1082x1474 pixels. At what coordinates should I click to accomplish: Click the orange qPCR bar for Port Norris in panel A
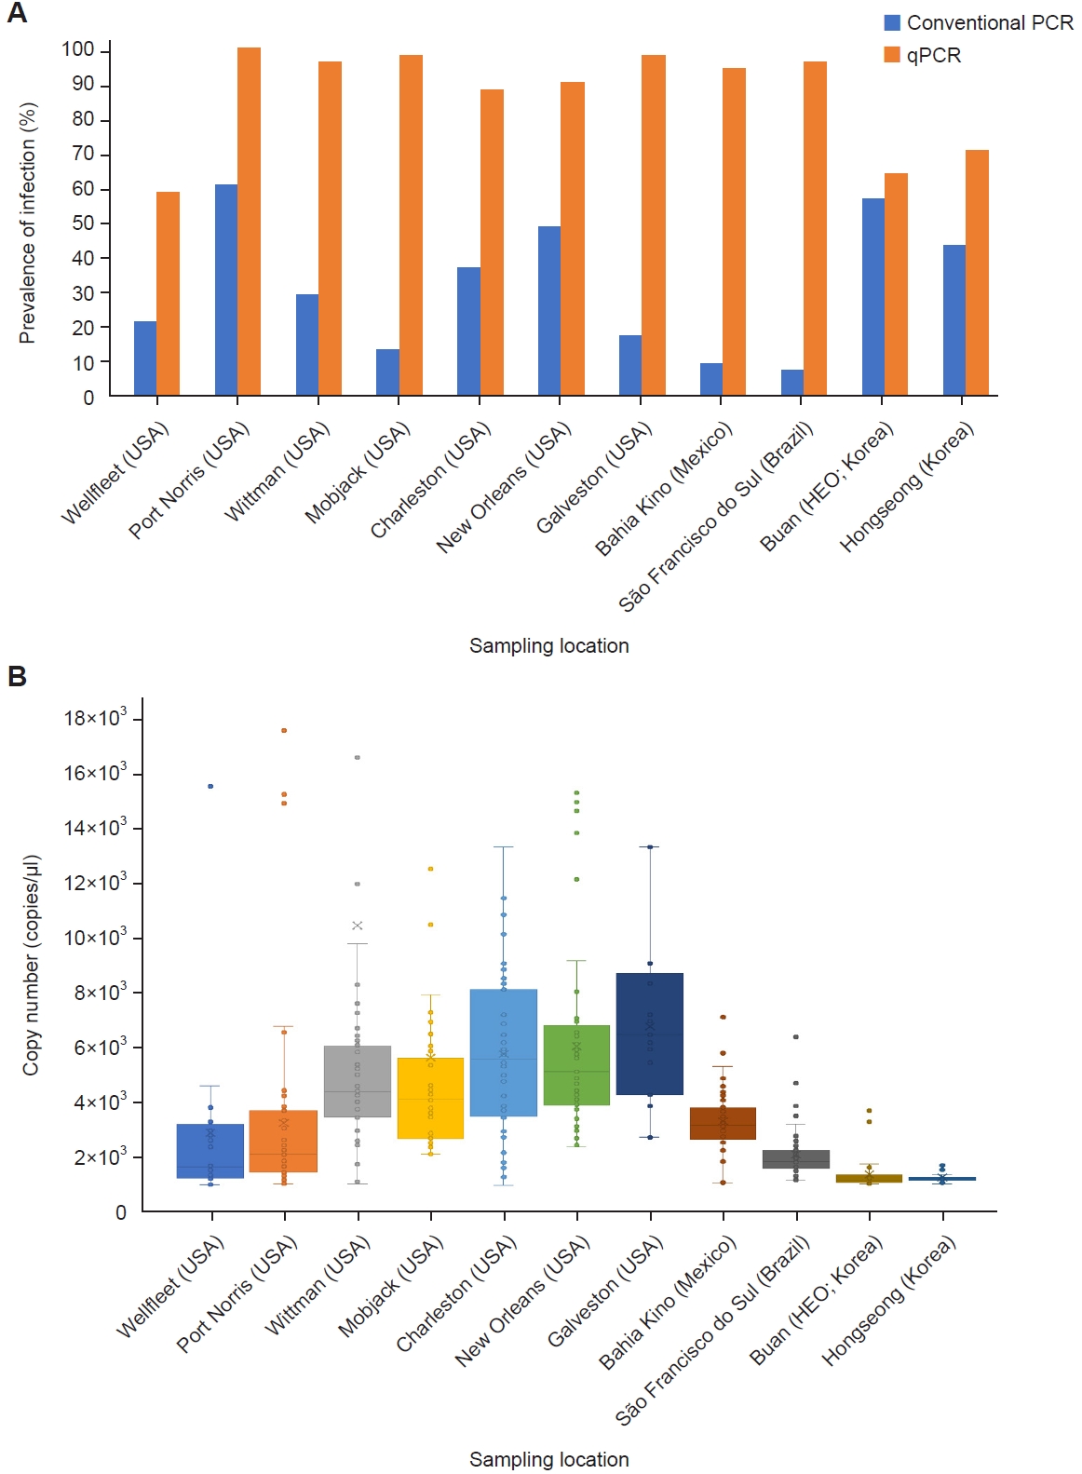pyautogui.click(x=249, y=222)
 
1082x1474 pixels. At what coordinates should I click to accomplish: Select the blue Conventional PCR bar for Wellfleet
pyautogui.click(x=145, y=358)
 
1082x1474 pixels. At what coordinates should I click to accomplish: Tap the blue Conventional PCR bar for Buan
pyautogui.click(x=872, y=297)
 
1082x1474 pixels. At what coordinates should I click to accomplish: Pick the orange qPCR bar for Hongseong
pyautogui.click(x=977, y=273)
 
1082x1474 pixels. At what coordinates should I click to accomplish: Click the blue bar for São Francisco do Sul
pyautogui.click(x=791, y=383)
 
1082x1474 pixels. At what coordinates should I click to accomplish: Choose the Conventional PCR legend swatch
pyautogui.click(x=892, y=22)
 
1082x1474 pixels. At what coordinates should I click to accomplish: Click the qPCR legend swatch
pyautogui.click(x=892, y=55)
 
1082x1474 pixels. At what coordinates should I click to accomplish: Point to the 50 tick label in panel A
pyautogui.click(x=83, y=223)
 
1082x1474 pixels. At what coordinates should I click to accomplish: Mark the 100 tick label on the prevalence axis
pyautogui.click(x=78, y=49)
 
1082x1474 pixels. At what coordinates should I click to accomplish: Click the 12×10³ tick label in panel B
pyautogui.click(x=94, y=883)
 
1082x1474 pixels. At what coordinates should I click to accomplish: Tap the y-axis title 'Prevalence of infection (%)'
pyautogui.click(x=27, y=223)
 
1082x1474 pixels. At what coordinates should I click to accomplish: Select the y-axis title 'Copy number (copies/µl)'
pyautogui.click(x=31, y=965)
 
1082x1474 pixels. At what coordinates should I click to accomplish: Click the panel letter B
pyautogui.click(x=17, y=677)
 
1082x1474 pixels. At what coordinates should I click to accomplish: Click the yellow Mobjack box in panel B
pyautogui.click(x=430, y=1098)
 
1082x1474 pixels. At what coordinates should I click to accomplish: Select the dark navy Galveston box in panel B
pyautogui.click(x=650, y=1034)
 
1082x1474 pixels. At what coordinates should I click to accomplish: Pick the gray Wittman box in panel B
pyautogui.click(x=358, y=1081)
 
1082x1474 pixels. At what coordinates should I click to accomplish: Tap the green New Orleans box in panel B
pyautogui.click(x=576, y=1065)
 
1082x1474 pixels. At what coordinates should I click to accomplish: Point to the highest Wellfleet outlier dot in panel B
pyautogui.click(x=210, y=786)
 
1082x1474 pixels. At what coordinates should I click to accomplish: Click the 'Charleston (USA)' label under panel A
pyautogui.click(x=429, y=481)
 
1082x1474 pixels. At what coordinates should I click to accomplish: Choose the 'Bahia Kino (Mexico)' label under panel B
pyautogui.click(x=667, y=1303)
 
